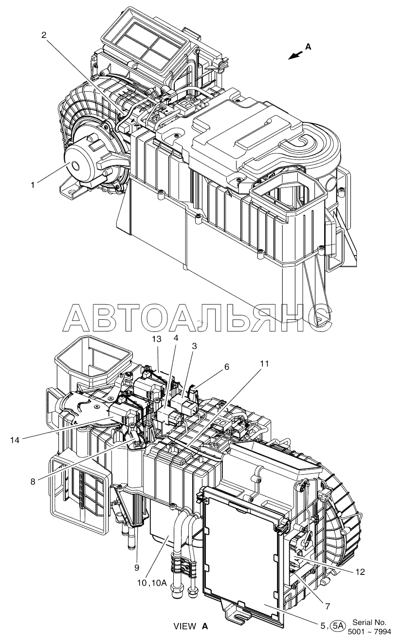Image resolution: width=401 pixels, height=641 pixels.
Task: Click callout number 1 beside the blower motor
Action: (33, 185)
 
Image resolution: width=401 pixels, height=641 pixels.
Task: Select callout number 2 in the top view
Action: (44, 35)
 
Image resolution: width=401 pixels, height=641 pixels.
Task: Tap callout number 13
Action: (157, 339)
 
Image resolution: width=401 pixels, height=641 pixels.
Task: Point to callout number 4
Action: (176, 338)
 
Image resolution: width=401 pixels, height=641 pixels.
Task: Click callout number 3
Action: (194, 346)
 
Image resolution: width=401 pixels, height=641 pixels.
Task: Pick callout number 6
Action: (227, 366)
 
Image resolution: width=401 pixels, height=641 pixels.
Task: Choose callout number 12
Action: (360, 572)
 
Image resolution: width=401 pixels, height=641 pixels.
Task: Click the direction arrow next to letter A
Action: (295, 55)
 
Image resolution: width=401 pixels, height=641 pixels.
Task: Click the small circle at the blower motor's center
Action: (76, 165)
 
